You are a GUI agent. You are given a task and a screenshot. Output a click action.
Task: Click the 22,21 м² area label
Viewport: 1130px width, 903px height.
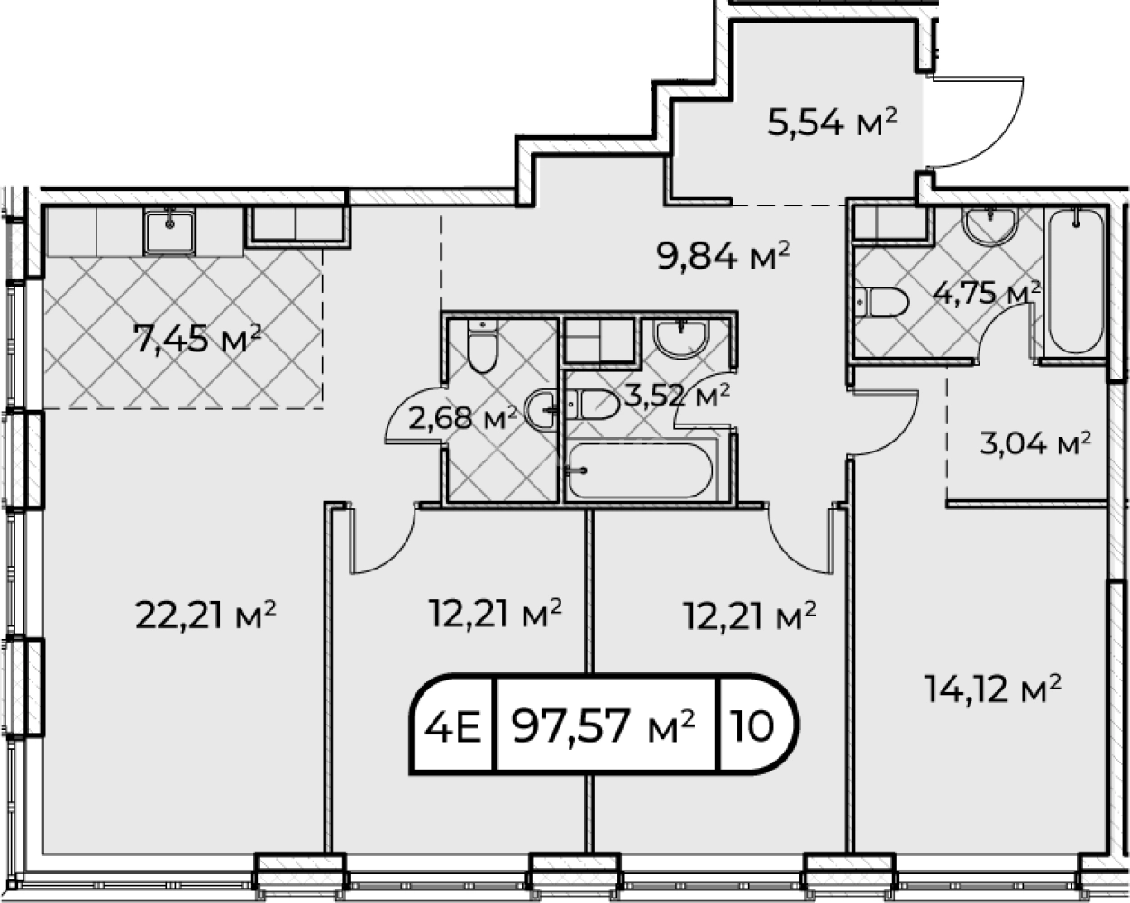tap(205, 616)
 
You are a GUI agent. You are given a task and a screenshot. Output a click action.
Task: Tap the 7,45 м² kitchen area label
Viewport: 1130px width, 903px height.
tap(197, 338)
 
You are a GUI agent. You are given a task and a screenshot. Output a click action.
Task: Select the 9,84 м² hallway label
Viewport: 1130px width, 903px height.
tap(724, 255)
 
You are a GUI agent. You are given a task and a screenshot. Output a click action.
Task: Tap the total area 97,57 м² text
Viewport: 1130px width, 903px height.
tap(604, 726)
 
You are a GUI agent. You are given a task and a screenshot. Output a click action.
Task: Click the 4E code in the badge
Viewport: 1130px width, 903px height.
tap(452, 726)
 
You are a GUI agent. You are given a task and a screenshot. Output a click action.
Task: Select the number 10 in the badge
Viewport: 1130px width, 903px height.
tap(753, 726)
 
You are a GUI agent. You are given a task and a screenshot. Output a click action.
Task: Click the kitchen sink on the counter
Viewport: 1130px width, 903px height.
tap(169, 232)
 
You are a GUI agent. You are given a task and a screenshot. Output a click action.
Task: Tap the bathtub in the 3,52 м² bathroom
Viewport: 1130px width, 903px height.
tap(641, 470)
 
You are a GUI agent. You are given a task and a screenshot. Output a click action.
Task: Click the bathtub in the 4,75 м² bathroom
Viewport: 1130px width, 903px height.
tap(1076, 281)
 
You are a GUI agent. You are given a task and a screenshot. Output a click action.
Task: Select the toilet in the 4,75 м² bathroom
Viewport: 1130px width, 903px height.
tap(882, 302)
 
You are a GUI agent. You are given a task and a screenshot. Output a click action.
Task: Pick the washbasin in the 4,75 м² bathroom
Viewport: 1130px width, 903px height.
tap(990, 226)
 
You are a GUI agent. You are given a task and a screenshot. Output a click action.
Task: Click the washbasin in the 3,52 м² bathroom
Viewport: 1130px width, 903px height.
tap(681, 338)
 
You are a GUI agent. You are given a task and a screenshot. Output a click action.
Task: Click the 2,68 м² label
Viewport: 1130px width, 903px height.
tap(462, 419)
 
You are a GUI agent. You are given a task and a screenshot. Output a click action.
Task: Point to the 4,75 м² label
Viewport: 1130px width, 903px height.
tap(986, 293)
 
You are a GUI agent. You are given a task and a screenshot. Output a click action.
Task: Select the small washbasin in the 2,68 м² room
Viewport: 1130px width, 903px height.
tap(541, 410)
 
